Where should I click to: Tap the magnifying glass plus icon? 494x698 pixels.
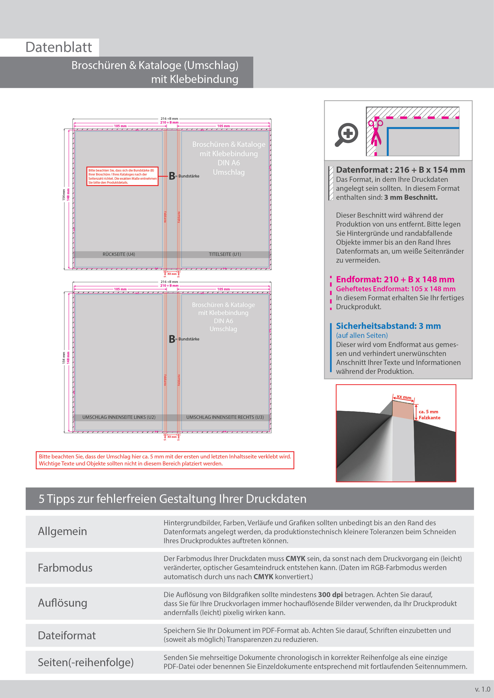click(347, 134)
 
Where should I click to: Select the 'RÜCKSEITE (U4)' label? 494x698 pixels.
click(119, 254)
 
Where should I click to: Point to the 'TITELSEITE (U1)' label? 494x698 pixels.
click(225, 254)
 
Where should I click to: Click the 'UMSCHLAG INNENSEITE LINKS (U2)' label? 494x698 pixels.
click(119, 417)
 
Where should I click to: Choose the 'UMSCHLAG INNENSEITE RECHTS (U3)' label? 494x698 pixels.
click(225, 417)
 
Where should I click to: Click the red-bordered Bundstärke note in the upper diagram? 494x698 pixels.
click(122, 176)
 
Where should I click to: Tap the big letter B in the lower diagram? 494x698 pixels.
click(172, 339)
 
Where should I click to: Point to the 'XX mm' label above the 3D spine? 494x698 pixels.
click(404, 397)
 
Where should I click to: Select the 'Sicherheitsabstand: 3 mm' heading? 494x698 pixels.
click(388, 326)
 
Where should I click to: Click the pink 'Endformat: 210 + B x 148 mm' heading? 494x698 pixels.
click(395, 279)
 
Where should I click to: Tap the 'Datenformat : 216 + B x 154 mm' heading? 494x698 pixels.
click(400, 170)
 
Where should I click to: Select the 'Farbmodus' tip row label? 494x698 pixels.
click(65, 568)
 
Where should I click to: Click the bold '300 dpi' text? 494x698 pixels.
click(330, 595)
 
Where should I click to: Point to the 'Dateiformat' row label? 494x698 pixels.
click(67, 635)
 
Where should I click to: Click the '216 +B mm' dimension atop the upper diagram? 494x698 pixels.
click(169, 119)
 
